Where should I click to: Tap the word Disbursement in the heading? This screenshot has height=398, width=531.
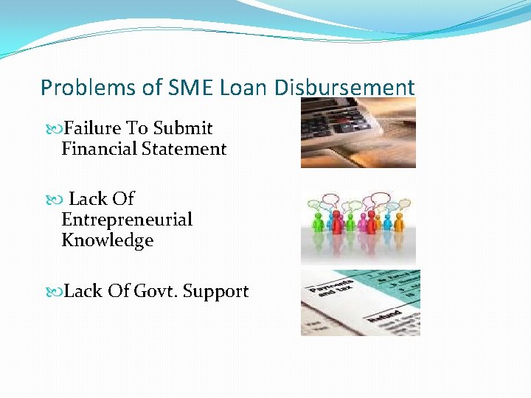344,88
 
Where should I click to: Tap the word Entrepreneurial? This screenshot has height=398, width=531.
127,220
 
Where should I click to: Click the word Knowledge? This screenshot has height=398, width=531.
107,240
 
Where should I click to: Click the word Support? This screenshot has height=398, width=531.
215,291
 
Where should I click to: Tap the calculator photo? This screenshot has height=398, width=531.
358,133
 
